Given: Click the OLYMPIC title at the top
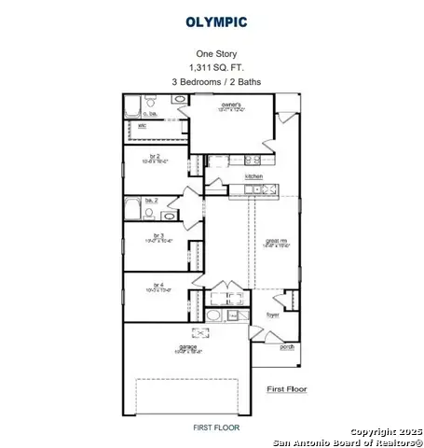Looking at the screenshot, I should (216, 20).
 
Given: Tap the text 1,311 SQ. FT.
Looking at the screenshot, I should (216, 68).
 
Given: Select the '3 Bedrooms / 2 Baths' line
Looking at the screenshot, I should (216, 82).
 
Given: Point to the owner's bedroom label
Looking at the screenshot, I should (231, 105).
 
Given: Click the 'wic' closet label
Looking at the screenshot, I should (143, 125).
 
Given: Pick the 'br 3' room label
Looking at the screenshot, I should (158, 234).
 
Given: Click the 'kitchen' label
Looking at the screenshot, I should (253, 176).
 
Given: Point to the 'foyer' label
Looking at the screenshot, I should (272, 315).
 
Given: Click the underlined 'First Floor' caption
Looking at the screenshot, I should (287, 388).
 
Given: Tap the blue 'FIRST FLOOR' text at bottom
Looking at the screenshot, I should (216, 427).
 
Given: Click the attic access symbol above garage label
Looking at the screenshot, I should (196, 332).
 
